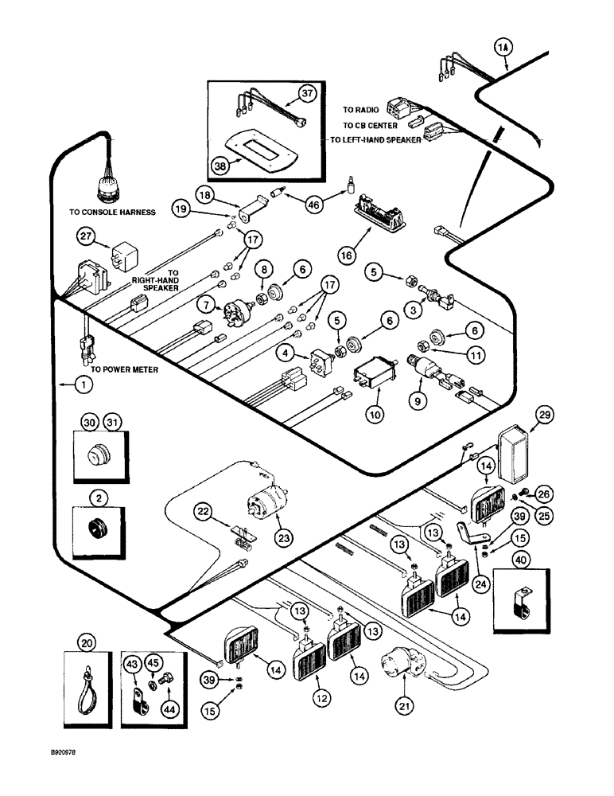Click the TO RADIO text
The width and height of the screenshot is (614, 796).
(360, 110)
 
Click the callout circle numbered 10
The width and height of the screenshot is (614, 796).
(373, 414)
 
